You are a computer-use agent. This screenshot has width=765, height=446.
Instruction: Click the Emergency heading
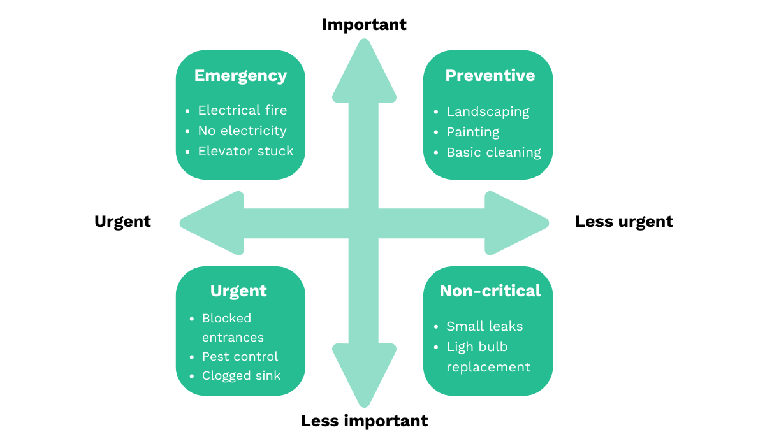pos(240,76)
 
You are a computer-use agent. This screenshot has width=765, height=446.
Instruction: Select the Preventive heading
pos(490,76)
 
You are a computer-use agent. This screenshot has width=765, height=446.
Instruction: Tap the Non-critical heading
pos(490,291)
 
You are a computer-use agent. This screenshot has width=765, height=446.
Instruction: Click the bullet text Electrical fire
pos(242,110)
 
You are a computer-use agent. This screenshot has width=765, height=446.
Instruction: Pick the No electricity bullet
pos(242,131)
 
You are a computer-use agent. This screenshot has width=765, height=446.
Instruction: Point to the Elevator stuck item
pos(245,151)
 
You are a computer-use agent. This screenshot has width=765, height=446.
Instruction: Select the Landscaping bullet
pos(488,111)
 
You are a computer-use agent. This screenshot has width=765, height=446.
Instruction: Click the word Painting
pos(472,132)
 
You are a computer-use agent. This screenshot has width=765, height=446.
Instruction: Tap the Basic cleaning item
pos(493,152)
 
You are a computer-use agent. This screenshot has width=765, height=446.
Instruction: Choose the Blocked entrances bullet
pos(232,327)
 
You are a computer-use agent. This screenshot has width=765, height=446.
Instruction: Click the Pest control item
pos(240,356)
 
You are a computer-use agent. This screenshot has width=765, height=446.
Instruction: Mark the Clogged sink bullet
pos(241,375)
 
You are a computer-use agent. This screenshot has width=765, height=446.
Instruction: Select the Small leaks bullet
pos(484,326)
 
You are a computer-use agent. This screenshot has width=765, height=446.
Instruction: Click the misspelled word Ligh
pos(459,347)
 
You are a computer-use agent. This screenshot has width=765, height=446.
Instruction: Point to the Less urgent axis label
pos(623,222)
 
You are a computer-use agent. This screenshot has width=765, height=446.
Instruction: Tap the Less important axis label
pos(364,421)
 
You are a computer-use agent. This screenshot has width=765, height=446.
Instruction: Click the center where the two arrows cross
pos(364,223)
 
